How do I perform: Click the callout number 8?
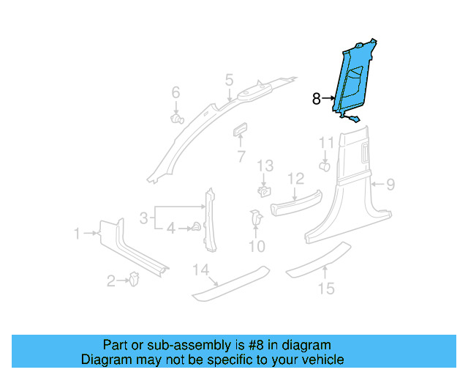click(x=317, y=99)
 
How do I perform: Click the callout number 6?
click(x=175, y=92)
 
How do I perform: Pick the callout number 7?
click(x=241, y=156)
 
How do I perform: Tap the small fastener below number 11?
click(x=324, y=166)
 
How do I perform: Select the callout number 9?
click(x=390, y=185)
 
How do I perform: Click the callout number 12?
click(x=295, y=178)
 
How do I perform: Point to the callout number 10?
click(x=256, y=247)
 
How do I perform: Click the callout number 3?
click(x=144, y=217)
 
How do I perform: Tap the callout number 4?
click(x=171, y=229)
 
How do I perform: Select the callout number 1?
click(x=77, y=234)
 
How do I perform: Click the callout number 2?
click(x=111, y=280)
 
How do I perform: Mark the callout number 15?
click(x=327, y=289)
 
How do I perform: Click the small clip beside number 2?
click(x=135, y=278)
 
